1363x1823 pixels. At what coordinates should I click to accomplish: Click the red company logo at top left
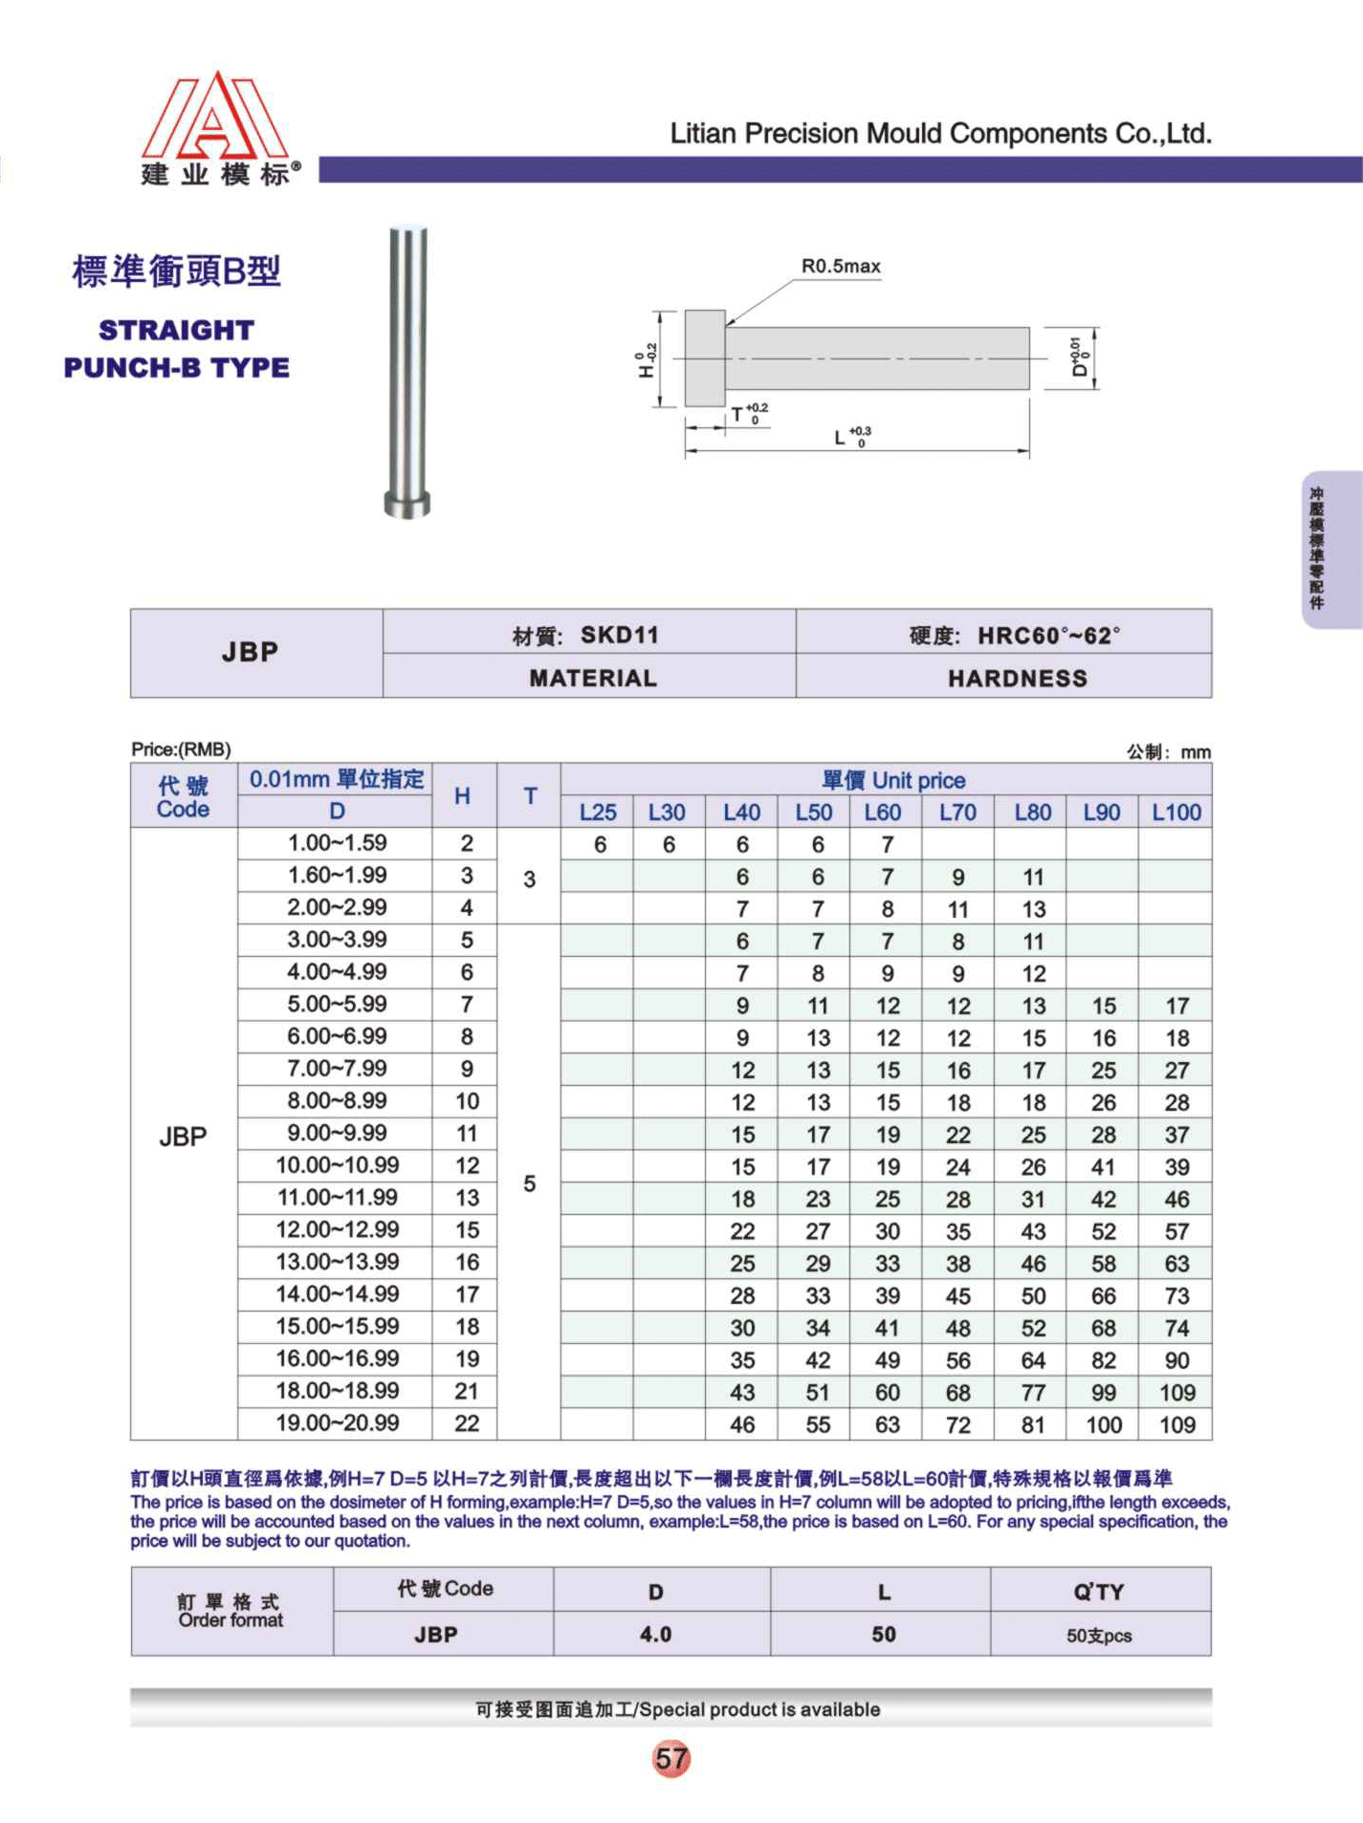[214, 116]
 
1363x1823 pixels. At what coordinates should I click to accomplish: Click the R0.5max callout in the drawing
[840, 267]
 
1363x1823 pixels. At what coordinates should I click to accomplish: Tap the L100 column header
[1176, 813]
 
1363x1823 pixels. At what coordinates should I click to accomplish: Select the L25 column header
[598, 813]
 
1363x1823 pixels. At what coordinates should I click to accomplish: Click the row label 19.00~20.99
[337, 1423]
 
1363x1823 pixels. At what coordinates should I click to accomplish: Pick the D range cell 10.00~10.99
[337, 1165]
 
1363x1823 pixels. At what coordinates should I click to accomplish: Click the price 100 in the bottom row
[1103, 1425]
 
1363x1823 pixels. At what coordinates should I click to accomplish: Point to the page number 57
[671, 1758]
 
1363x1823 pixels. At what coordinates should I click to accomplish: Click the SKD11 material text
[619, 636]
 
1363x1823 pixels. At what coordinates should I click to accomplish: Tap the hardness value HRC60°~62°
[1048, 636]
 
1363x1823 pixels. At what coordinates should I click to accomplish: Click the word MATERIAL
[593, 679]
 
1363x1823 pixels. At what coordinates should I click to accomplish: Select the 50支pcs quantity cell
[1099, 1636]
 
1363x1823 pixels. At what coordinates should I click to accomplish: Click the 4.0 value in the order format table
[655, 1635]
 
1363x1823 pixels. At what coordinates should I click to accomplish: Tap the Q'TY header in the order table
[1098, 1592]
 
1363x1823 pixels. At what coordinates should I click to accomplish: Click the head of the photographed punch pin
[407, 504]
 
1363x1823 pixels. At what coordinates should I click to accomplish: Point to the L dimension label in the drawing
[840, 439]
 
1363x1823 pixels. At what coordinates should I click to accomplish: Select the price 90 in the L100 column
[1176, 1360]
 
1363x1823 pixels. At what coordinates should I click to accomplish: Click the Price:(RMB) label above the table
[181, 749]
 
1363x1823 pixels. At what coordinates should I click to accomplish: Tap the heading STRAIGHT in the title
[177, 331]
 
